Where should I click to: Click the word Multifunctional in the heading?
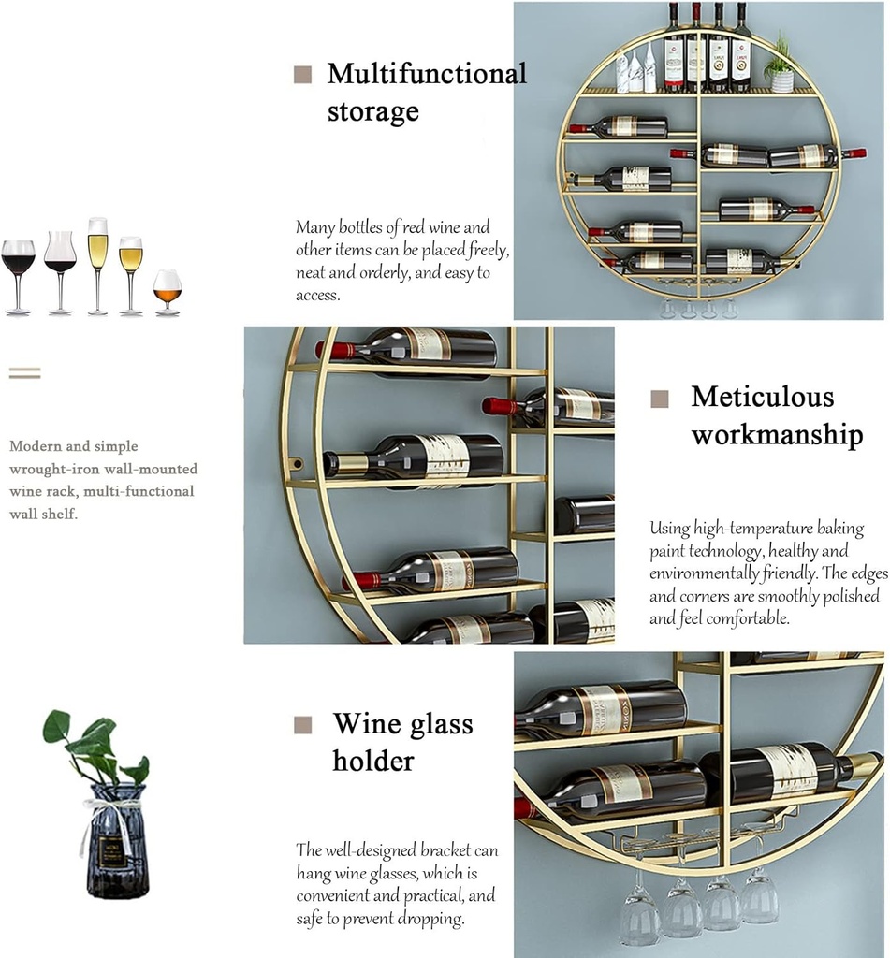coord(427,74)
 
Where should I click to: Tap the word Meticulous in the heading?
coord(762,397)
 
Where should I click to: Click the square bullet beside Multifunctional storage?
coord(302,75)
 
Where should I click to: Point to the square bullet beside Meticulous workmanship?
coord(660,399)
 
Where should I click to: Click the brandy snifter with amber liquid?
coord(168,289)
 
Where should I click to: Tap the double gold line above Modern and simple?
coord(25,373)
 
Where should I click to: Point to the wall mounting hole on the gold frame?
coord(297,462)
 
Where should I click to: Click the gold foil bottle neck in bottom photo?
coord(857,766)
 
